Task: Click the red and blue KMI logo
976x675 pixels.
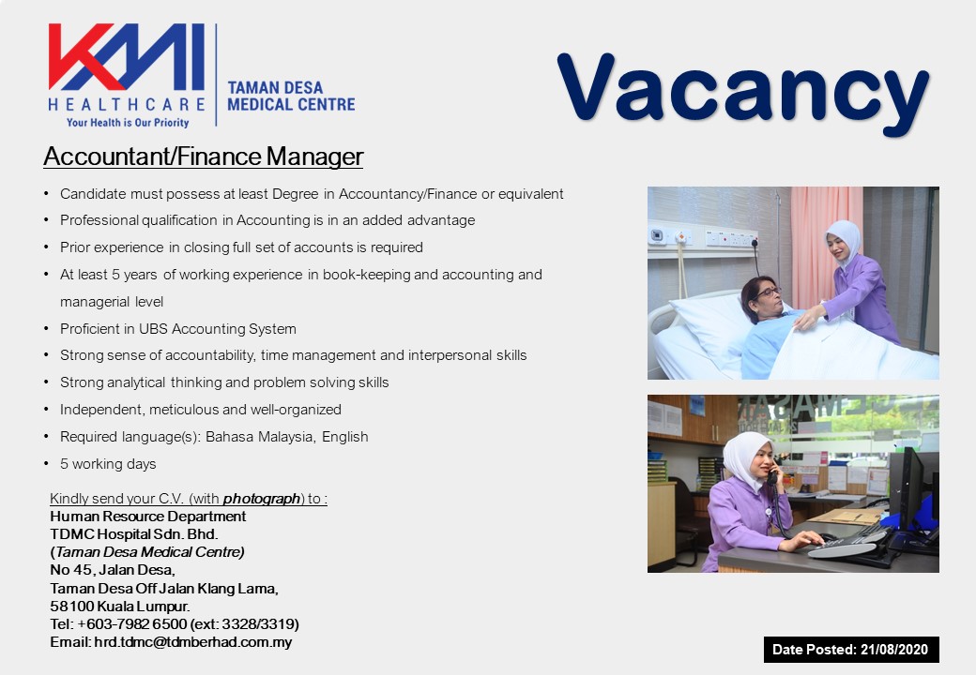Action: coord(127,56)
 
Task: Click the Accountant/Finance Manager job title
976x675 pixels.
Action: coord(203,157)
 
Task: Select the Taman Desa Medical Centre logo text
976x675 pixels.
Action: coord(291,97)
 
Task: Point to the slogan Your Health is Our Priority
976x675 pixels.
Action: coord(128,123)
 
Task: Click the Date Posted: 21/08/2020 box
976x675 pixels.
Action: coord(851,650)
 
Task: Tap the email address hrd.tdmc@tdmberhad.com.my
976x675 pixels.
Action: coord(193,642)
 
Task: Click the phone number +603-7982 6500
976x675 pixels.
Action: coord(132,624)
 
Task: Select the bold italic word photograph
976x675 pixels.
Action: coord(262,499)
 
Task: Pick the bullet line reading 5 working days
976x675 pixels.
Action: coord(108,464)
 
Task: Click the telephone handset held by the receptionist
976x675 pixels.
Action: coord(772,473)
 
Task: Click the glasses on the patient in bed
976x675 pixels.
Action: coord(768,291)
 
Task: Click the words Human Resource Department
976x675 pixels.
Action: coord(147,517)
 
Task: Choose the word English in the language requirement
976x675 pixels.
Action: coord(344,437)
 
